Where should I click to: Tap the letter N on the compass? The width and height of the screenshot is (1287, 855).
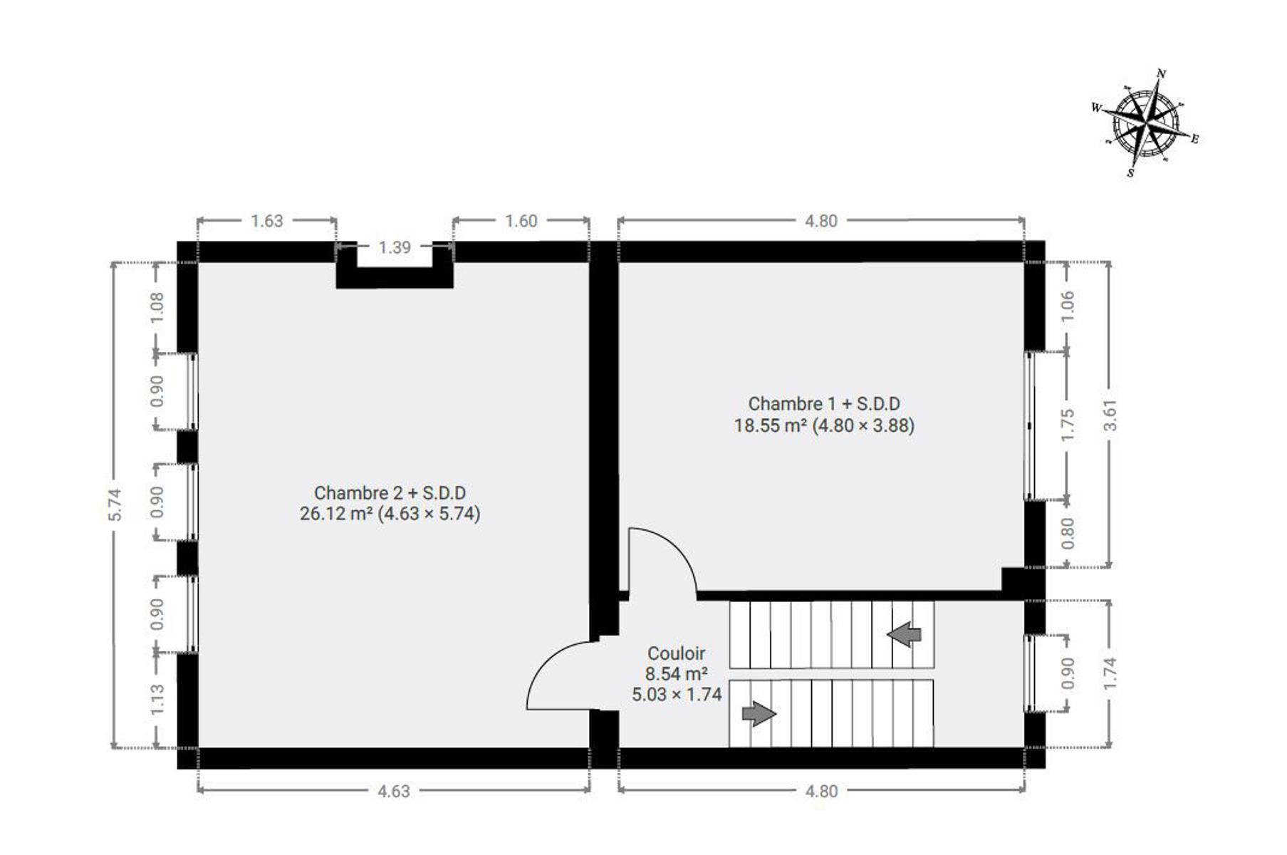pyautogui.click(x=1161, y=74)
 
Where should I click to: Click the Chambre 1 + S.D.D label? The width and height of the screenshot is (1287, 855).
pyautogui.click(x=824, y=404)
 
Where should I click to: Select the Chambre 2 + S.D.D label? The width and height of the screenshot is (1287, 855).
pyautogui.click(x=390, y=493)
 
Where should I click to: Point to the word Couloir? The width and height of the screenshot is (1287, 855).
pyautogui.click(x=677, y=653)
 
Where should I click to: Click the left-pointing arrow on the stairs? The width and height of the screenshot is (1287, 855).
pyautogui.click(x=905, y=633)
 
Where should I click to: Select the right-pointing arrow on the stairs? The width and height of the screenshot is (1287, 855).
pyautogui.click(x=759, y=713)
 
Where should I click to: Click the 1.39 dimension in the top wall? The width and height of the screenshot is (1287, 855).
pyautogui.click(x=395, y=247)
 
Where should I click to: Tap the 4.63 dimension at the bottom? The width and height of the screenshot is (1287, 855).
pyautogui.click(x=393, y=791)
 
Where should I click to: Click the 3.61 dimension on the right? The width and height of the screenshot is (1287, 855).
pyautogui.click(x=1110, y=415)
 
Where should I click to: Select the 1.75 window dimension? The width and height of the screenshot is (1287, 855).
pyautogui.click(x=1067, y=425)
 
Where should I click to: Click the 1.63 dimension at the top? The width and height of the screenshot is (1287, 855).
pyautogui.click(x=267, y=221)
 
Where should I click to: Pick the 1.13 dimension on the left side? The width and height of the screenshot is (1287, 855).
pyautogui.click(x=157, y=699)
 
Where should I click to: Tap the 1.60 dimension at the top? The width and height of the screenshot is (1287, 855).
pyautogui.click(x=521, y=221)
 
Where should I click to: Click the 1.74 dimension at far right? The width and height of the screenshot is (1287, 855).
pyautogui.click(x=1110, y=673)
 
